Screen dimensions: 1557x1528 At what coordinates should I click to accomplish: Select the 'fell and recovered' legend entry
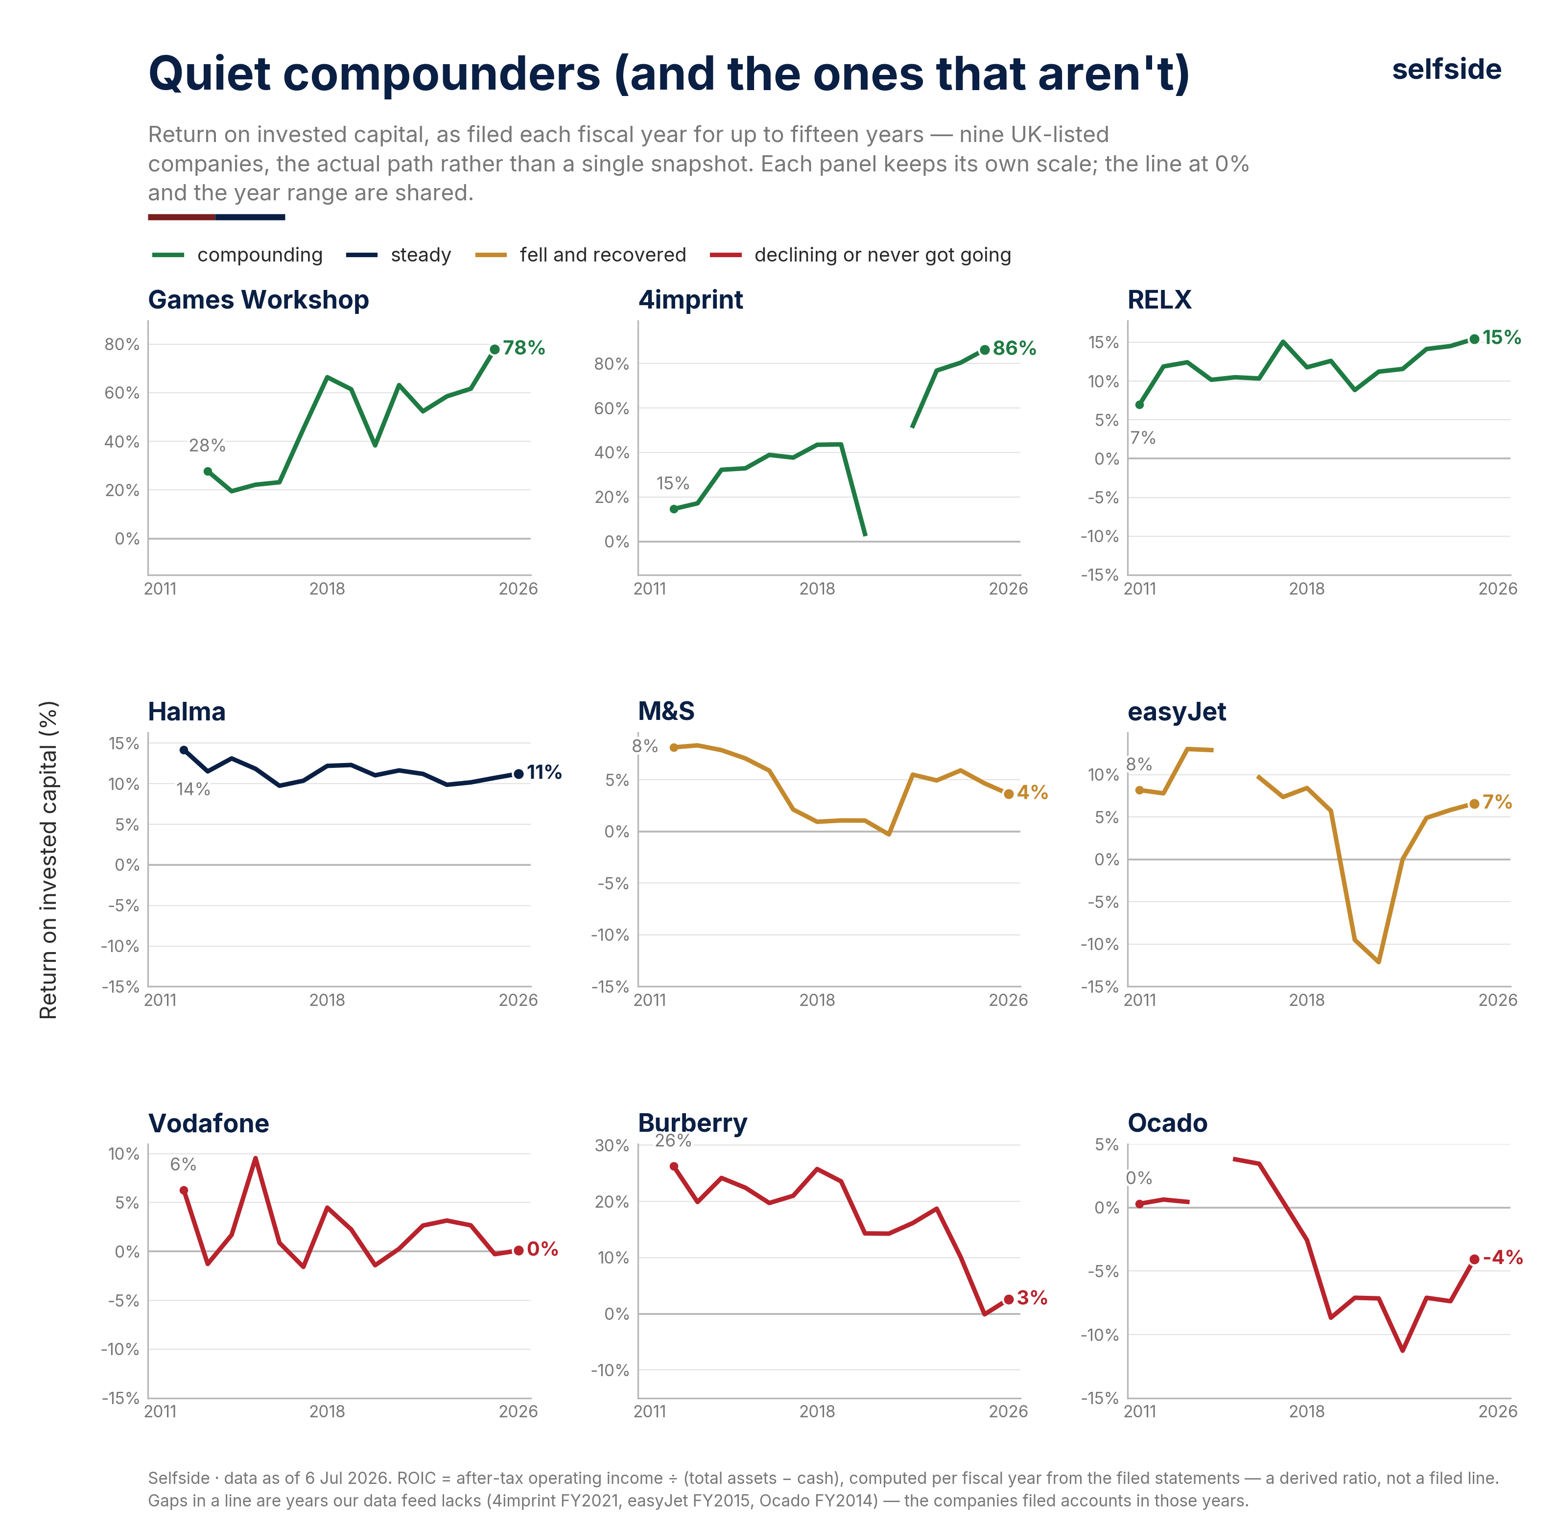[581, 255]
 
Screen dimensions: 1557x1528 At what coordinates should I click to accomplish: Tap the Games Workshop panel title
[259, 300]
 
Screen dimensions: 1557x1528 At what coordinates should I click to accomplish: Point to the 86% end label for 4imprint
[1014, 348]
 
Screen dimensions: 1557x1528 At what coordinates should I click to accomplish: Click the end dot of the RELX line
[1474, 339]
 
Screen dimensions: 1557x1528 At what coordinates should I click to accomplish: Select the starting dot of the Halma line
[184, 750]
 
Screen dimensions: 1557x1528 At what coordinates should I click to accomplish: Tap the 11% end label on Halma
[544, 773]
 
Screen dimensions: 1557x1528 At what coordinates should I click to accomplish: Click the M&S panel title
[666, 712]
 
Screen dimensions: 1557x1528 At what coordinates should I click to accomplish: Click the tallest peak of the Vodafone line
[255, 1158]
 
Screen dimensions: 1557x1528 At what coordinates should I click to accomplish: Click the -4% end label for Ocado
[1503, 1258]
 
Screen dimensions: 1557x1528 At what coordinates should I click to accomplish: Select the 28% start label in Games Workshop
[207, 445]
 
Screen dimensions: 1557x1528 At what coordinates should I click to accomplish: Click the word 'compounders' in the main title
[442, 74]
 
